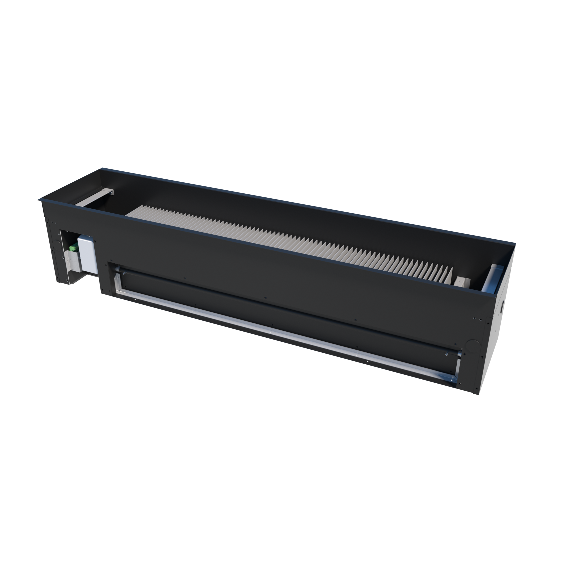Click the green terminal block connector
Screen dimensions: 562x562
coord(73,248)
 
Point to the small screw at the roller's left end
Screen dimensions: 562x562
coord(124,273)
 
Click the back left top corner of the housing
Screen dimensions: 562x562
coord(102,168)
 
